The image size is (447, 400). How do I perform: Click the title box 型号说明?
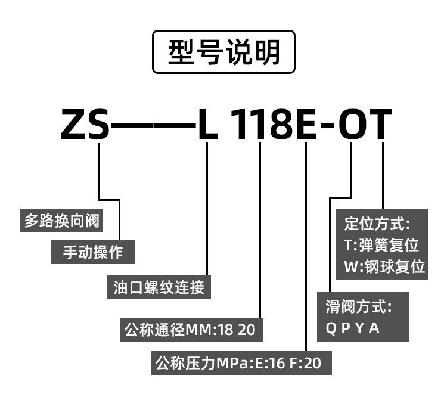(223, 52)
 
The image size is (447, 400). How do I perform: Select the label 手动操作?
(93, 252)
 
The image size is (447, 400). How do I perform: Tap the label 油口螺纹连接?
(159, 287)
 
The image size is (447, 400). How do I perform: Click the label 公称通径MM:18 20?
(192, 329)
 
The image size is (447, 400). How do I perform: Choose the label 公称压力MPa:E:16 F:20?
(238, 362)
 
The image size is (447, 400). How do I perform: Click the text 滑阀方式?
(359, 308)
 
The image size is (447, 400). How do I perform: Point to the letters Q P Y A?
(352, 328)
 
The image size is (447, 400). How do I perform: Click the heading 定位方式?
(377, 224)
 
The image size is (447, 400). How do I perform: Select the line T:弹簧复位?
(381, 245)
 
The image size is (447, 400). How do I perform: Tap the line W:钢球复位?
(384, 266)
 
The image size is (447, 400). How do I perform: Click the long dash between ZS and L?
(153, 125)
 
